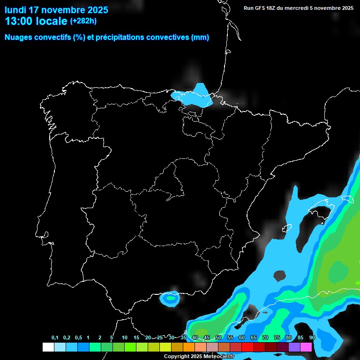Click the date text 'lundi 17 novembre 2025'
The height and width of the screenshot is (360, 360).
click(x=56, y=10)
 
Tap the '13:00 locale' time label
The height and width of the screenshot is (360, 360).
click(x=36, y=21)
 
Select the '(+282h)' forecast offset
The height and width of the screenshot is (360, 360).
click(x=83, y=21)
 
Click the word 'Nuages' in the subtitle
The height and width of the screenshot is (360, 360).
click(x=19, y=37)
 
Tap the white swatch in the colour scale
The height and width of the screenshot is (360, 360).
click(x=48, y=347)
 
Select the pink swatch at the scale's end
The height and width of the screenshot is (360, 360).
click(x=306, y=347)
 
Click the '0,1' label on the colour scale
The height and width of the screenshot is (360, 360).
click(x=55, y=338)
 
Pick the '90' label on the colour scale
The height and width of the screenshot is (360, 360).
click(x=312, y=338)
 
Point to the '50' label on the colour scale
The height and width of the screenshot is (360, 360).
click(x=218, y=338)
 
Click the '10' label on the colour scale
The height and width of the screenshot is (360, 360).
click(x=125, y=338)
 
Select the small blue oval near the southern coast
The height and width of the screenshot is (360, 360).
click(x=170, y=297)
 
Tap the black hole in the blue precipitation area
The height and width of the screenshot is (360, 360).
click(x=279, y=276)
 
